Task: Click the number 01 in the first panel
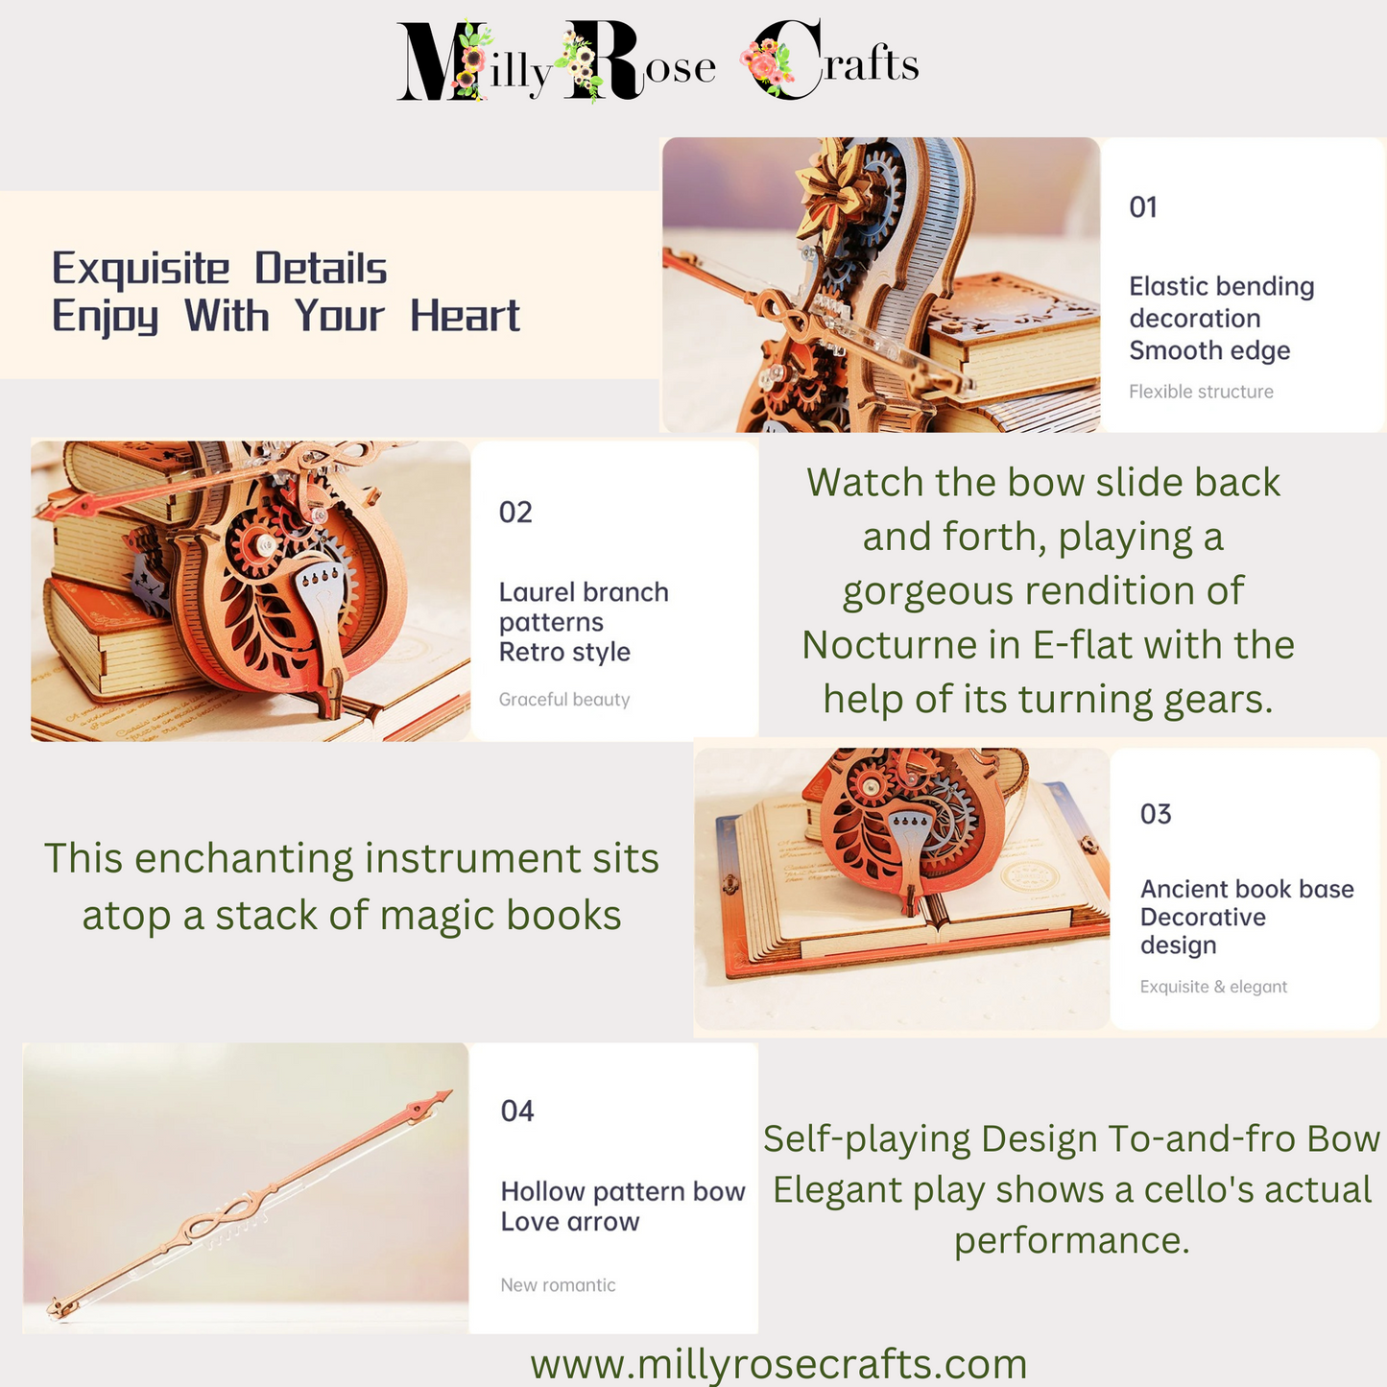pyautogui.click(x=1143, y=207)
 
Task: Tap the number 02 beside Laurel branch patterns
pyautogui.click(x=515, y=513)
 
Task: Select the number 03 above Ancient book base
pyautogui.click(x=1156, y=814)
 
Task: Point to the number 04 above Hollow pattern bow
pyautogui.click(x=517, y=1112)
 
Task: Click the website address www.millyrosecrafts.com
pyautogui.click(x=778, y=1363)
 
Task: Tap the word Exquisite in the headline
pyautogui.click(x=140, y=270)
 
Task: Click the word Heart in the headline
pyautogui.click(x=465, y=316)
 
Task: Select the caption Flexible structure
pyautogui.click(x=1202, y=392)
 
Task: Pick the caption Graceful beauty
pyautogui.click(x=564, y=700)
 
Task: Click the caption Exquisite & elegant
pyautogui.click(x=1213, y=987)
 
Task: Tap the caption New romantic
pyautogui.click(x=558, y=1285)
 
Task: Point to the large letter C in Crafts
pyautogui.click(x=786, y=59)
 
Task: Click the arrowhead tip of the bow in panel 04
pyautogui.click(x=452, y=1091)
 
